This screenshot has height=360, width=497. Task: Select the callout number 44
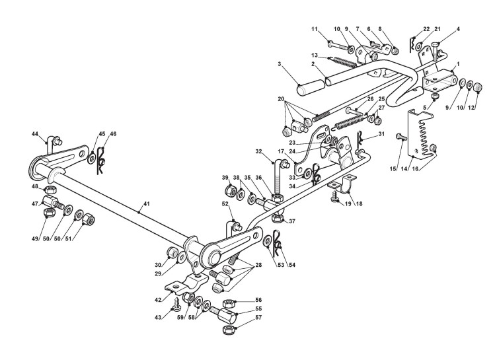34,133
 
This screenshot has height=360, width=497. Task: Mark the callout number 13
315,54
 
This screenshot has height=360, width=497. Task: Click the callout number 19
343,205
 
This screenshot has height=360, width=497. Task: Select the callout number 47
34,205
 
